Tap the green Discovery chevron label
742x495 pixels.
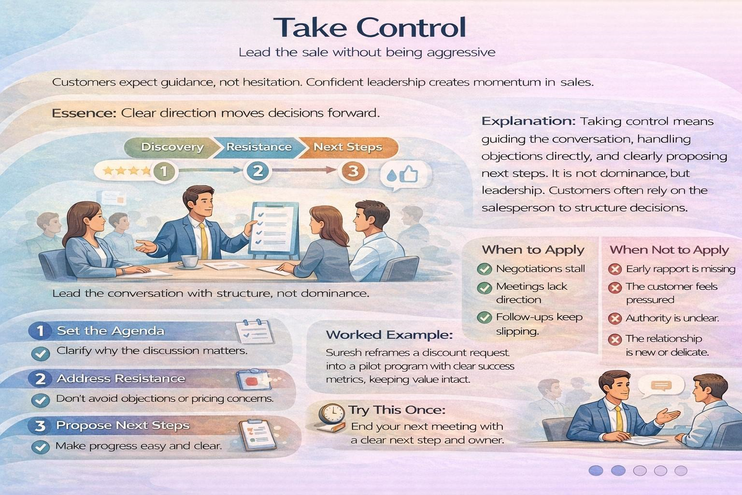pyautogui.click(x=172, y=147)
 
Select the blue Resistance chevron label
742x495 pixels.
pyautogui.click(x=259, y=147)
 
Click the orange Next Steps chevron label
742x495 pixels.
pyautogui.click(x=348, y=147)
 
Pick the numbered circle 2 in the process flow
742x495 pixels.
pyautogui.click(x=257, y=171)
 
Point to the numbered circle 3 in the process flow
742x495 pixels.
pyautogui.click(x=353, y=171)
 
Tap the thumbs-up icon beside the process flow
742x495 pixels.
pyautogui.click(x=409, y=174)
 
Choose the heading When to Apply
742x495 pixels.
pyautogui.click(x=533, y=250)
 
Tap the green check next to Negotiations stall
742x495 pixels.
pyautogui.click(x=484, y=269)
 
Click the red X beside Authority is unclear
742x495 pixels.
pyautogui.click(x=614, y=319)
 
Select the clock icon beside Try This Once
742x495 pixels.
pyautogui.click(x=330, y=415)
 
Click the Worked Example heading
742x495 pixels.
pyautogui.click(x=389, y=335)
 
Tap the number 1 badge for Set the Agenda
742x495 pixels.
pyautogui.click(x=40, y=331)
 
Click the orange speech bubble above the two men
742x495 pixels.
pyautogui.click(x=661, y=385)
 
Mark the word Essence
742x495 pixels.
pyautogui.click(x=84, y=113)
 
